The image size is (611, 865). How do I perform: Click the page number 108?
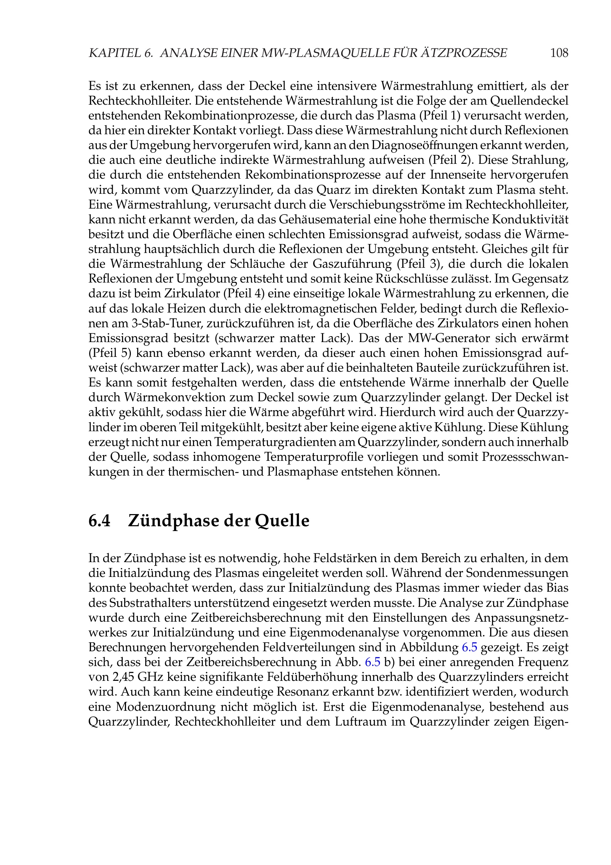559,53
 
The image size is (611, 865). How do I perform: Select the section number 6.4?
99,521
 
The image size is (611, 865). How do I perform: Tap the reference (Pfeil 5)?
109,353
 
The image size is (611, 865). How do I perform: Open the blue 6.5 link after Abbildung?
469,647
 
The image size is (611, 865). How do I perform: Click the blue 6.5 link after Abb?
373,662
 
